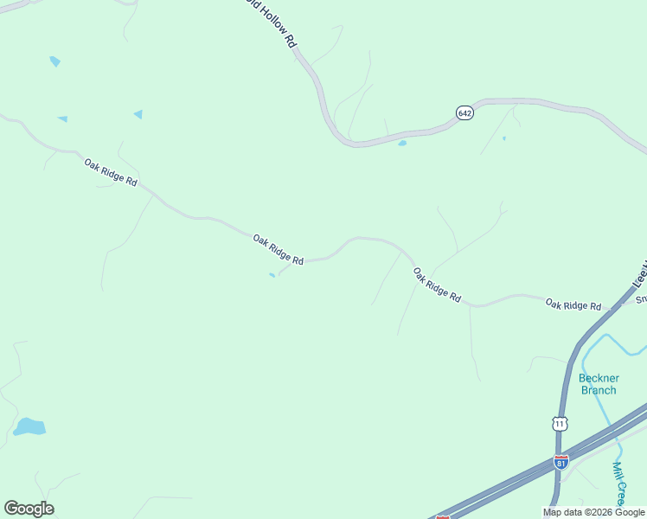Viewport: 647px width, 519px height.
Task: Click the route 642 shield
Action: [465, 113]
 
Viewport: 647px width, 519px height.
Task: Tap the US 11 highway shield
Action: [560, 423]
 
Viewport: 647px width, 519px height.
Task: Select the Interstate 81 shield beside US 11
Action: [561, 462]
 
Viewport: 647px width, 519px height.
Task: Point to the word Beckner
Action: [599, 378]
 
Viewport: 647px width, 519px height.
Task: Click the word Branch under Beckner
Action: [599, 390]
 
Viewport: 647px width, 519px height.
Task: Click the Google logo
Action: [29, 509]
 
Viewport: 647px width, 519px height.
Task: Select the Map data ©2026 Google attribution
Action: [593, 512]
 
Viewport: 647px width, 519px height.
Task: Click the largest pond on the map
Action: [29, 426]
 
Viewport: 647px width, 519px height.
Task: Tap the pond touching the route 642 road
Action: [402, 143]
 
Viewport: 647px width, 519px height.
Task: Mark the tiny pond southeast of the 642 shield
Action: [504, 138]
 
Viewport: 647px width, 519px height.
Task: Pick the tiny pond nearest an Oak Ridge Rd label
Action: [272, 276]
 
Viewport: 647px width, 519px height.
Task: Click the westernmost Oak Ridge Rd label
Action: [111, 172]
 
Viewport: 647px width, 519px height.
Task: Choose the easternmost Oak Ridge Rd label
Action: [573, 304]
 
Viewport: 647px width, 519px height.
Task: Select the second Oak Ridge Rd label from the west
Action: [278, 249]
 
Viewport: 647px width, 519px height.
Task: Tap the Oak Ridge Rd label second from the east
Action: [437, 285]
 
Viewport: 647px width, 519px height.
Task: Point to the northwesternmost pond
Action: [55, 61]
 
